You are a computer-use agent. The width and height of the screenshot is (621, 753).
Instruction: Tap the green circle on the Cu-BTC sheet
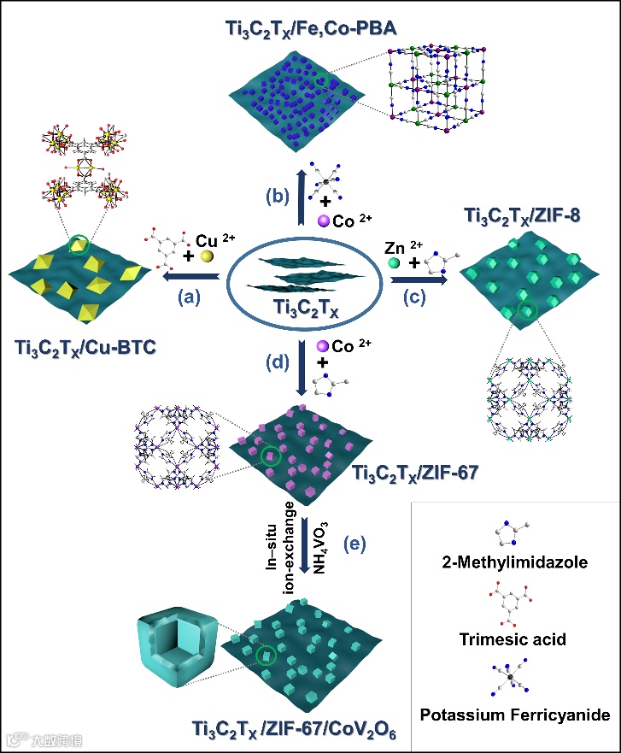(79, 246)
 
